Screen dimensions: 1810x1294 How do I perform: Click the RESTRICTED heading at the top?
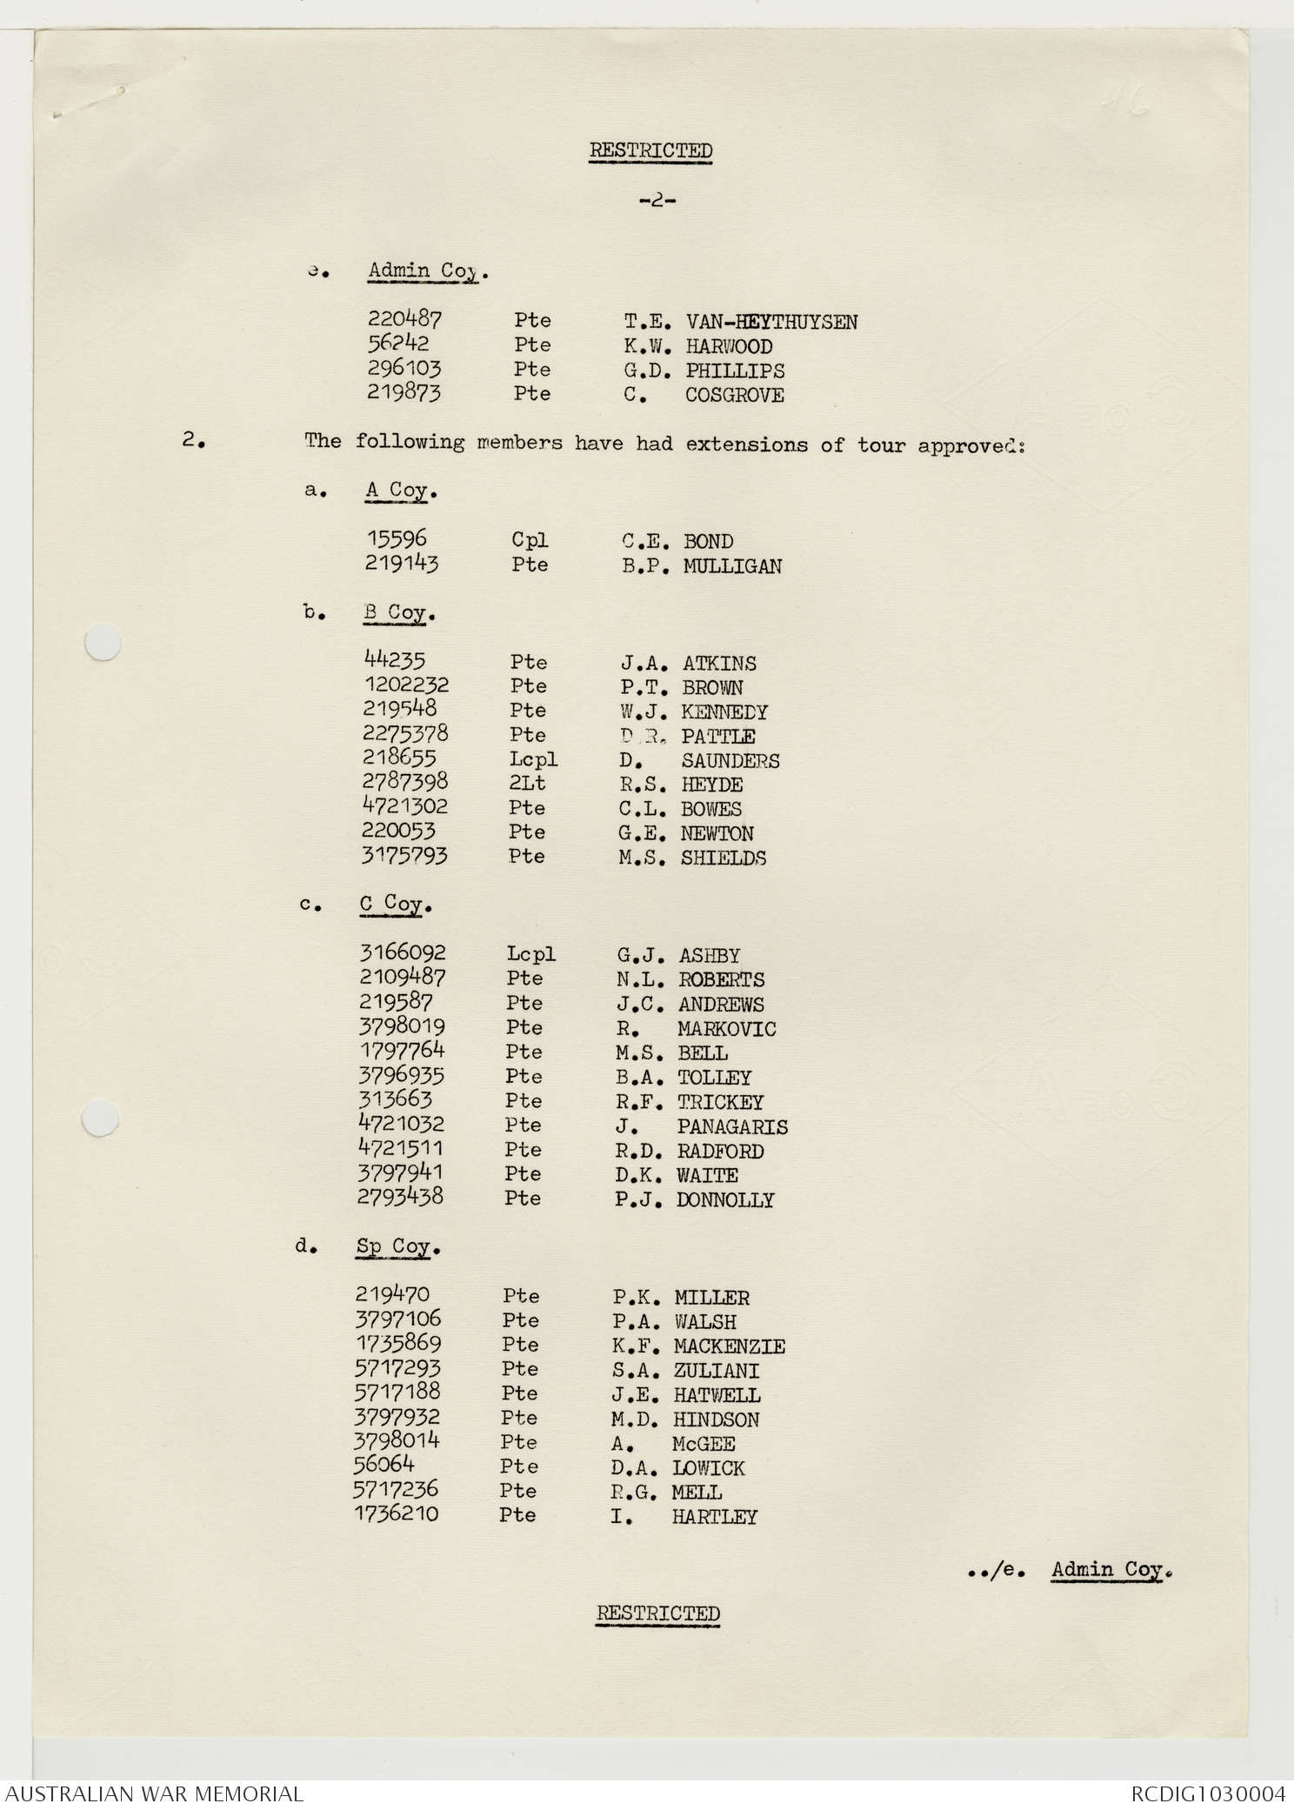650,150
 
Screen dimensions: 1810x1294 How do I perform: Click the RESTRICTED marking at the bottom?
657,1613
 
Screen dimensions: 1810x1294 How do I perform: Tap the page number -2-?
657,201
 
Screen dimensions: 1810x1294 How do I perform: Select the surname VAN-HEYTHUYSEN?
770,322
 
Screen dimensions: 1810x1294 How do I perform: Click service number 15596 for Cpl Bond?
397,539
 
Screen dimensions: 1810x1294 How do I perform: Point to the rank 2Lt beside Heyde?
527,784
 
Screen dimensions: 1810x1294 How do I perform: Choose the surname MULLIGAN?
732,566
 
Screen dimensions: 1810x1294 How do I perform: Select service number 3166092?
402,953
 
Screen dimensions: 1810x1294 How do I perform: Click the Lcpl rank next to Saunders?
533,759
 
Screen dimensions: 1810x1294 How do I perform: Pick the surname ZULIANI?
716,1371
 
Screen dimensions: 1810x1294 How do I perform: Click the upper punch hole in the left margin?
102,645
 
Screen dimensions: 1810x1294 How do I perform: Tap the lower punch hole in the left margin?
100,1118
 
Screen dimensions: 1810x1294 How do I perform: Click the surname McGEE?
704,1444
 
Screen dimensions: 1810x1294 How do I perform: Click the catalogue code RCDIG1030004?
1207,1793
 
